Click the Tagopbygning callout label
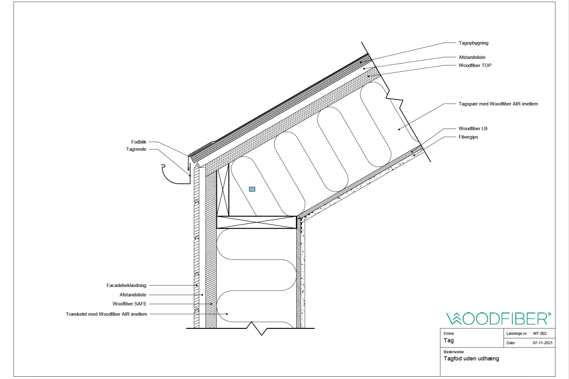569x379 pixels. click(x=473, y=43)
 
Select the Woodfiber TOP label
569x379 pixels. click(x=475, y=65)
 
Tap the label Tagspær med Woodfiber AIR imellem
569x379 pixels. click(x=498, y=104)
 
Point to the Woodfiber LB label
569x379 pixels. click(x=473, y=129)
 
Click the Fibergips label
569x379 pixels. click(x=468, y=137)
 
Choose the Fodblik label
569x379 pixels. click(x=139, y=142)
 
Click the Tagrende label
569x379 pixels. click(x=136, y=149)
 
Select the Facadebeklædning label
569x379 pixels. click(x=126, y=285)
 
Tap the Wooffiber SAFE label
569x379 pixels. click(x=130, y=304)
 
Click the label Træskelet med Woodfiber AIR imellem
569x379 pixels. click(x=106, y=314)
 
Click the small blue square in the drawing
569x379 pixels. click(x=252, y=189)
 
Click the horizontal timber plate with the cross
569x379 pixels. click(x=257, y=222)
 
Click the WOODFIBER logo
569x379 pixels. click(x=499, y=319)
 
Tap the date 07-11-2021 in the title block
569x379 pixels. click(x=543, y=343)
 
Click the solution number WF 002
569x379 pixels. click(x=540, y=333)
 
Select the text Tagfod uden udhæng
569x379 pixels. click(x=471, y=359)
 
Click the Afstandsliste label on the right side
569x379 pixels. click(x=472, y=57)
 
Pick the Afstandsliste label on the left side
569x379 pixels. click(x=133, y=295)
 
